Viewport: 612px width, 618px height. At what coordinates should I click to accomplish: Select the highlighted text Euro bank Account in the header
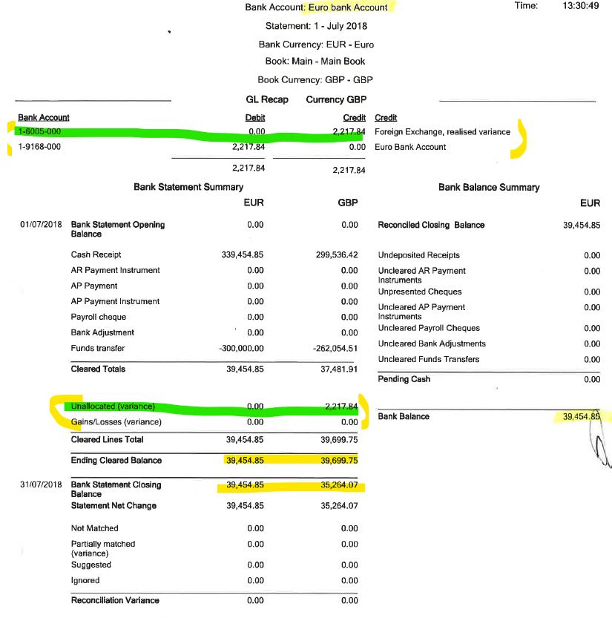click(348, 7)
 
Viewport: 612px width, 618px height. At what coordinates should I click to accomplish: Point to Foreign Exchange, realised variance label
click(442, 132)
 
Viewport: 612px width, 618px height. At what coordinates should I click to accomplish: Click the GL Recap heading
click(266, 99)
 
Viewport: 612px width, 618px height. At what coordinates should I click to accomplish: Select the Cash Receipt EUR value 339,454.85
click(243, 254)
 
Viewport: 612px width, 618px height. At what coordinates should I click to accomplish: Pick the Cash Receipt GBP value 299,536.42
click(337, 254)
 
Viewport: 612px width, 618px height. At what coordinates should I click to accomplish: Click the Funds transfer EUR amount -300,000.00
click(241, 348)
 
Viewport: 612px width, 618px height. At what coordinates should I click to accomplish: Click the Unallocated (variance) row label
click(112, 407)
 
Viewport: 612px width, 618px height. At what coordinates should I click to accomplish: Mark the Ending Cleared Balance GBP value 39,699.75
click(340, 460)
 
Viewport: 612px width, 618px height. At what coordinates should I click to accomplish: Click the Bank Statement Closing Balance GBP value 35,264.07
click(340, 485)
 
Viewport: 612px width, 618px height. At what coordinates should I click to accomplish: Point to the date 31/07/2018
click(41, 485)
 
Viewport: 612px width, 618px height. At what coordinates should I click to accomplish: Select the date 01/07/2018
click(41, 225)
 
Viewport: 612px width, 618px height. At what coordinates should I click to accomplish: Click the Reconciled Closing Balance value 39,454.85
click(582, 225)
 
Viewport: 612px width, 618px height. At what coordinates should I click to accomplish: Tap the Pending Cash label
click(404, 379)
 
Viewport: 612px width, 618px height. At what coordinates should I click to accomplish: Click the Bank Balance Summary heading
click(489, 187)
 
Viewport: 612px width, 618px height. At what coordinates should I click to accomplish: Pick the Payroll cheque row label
click(99, 317)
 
